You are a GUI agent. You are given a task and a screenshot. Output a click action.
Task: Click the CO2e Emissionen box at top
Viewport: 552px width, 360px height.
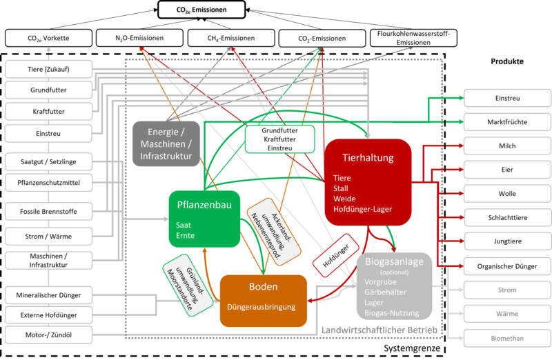coord(202,10)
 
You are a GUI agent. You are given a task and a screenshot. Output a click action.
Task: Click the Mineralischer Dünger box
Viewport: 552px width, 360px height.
coord(48,295)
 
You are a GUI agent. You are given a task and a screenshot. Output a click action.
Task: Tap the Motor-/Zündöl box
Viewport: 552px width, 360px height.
coord(48,335)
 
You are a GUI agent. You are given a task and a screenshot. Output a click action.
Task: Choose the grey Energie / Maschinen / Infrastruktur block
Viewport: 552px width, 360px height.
coord(166,143)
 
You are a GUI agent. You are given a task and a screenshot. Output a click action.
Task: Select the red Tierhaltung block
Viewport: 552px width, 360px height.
coord(368,181)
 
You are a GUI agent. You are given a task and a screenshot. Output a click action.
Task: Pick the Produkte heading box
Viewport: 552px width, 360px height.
coord(507,61)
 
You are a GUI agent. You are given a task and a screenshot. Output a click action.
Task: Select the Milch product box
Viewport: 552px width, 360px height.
coord(507,146)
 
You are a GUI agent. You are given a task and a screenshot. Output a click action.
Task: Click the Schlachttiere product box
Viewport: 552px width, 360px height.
coord(507,218)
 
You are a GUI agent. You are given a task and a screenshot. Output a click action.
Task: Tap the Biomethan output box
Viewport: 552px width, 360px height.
coord(507,338)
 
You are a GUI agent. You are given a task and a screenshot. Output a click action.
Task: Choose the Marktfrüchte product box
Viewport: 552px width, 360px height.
coord(507,122)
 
